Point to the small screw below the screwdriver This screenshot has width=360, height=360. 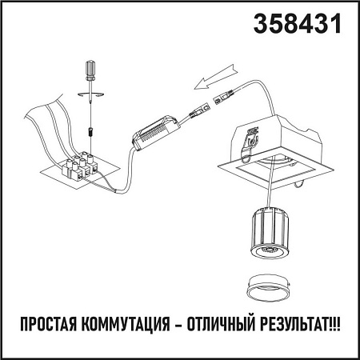91,128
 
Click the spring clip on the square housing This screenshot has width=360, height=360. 254,138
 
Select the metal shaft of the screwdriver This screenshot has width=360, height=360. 90,104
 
